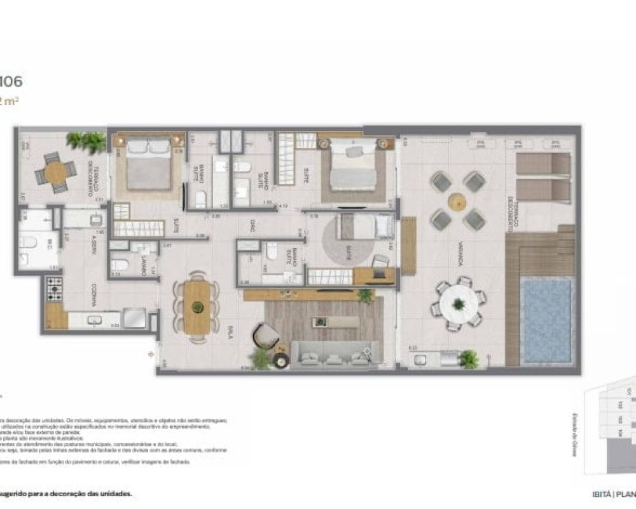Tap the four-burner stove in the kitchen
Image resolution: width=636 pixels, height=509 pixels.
click(x=54, y=289)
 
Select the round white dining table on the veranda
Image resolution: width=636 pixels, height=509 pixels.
click(x=459, y=303)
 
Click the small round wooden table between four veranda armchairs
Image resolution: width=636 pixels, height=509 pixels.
click(x=457, y=202)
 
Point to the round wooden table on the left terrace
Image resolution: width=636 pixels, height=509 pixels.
click(x=55, y=171)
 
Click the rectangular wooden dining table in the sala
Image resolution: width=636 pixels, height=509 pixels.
click(x=197, y=306)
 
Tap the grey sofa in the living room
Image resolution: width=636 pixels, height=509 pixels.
click(x=334, y=354)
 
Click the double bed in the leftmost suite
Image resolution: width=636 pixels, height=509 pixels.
click(x=148, y=164)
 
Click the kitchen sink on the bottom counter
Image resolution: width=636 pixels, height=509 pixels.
click(x=96, y=318)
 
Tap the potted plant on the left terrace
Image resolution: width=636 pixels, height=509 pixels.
click(x=87, y=141)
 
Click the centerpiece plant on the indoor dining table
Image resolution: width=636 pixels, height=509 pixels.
click(x=197, y=307)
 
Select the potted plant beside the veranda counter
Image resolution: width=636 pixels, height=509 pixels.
click(x=469, y=359)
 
